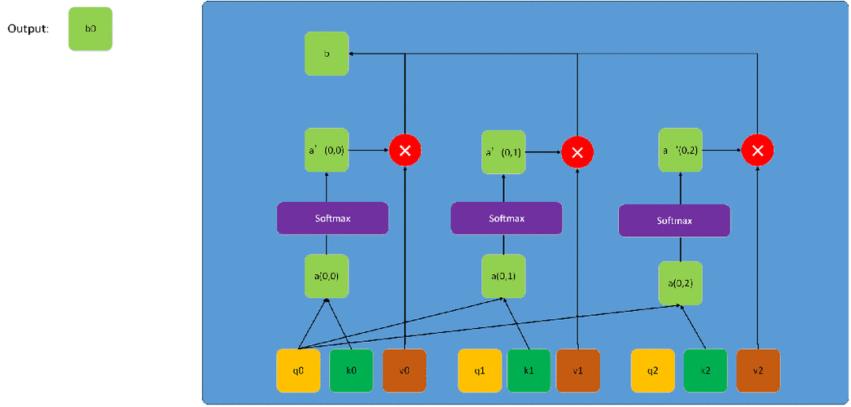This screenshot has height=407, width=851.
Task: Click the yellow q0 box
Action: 298,370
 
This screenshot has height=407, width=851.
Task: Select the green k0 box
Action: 351,370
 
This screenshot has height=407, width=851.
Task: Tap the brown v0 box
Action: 404,370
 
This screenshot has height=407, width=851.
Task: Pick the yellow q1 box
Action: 480,370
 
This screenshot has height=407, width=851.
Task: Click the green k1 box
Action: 529,370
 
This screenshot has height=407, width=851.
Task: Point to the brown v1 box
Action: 578,370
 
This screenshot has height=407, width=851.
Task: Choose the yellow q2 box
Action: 653,370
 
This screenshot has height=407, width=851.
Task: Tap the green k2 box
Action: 705,370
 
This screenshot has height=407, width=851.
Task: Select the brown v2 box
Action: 758,370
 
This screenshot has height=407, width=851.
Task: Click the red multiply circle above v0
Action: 405,150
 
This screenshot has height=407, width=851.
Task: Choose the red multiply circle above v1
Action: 577,151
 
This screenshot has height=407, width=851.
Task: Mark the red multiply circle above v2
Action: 757,151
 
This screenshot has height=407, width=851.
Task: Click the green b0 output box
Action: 90,29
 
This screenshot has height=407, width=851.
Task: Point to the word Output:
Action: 28,29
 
